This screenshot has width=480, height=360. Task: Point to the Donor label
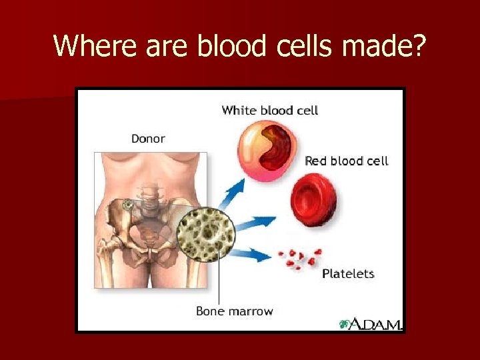148,139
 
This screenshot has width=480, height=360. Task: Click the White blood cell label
269,110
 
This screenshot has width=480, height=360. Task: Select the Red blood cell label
346,161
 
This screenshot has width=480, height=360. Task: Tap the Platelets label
348,273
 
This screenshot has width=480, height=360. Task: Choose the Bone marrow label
234,311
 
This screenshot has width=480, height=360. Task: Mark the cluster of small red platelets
299,259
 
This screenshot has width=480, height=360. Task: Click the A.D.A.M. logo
370,324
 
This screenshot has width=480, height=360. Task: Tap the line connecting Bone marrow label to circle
219,283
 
